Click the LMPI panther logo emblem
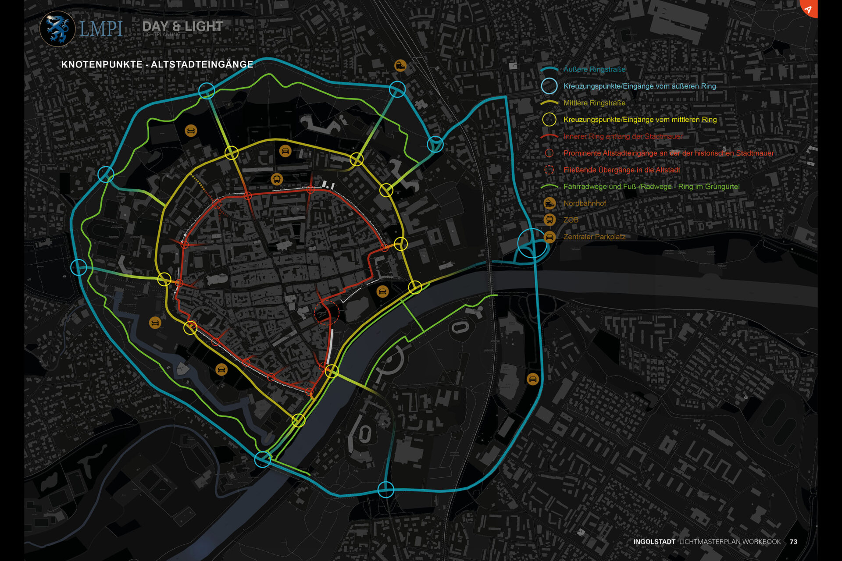(57, 29)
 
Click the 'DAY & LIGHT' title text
(182, 26)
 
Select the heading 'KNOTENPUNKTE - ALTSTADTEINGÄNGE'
(157, 64)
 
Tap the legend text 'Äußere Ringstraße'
(594, 69)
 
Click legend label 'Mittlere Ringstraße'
(594, 103)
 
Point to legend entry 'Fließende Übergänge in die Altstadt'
(621, 170)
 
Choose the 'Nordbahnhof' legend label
(585, 203)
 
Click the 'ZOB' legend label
(571, 220)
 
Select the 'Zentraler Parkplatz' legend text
(594, 237)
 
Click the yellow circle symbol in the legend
(549, 120)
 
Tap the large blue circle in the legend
(549, 86)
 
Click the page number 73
(793, 542)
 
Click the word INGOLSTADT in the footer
(654, 542)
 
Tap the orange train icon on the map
(400, 66)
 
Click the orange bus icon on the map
(277, 179)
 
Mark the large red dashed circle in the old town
(327, 312)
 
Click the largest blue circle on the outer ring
(532, 243)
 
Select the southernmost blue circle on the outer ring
(386, 489)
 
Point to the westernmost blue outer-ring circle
(79, 267)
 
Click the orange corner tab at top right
(810, 7)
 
